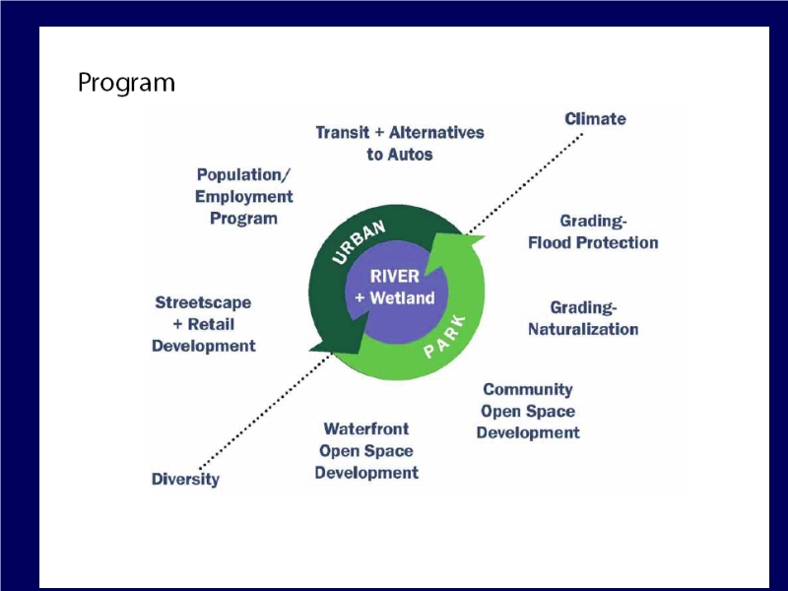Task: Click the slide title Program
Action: [x=126, y=83]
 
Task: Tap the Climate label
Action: [x=595, y=119]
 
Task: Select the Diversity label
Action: [x=185, y=479]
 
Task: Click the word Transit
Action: [x=342, y=133]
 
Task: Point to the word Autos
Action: [x=411, y=155]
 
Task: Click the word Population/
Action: [x=243, y=175]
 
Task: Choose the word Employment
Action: [x=243, y=196]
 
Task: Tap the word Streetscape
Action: [x=203, y=302]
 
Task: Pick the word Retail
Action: [x=211, y=324]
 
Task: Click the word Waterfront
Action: [x=366, y=428]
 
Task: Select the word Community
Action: [x=528, y=389]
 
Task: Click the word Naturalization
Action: [x=583, y=329]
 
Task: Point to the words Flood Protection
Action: [x=593, y=242]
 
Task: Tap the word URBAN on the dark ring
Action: [x=359, y=241]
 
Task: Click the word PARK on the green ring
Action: [x=445, y=337]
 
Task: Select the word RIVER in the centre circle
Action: [x=395, y=277]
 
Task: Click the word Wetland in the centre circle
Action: [x=402, y=298]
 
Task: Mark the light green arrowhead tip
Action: [x=485, y=235]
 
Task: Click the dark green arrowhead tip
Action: [x=309, y=351]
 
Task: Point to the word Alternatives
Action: [x=436, y=133]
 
